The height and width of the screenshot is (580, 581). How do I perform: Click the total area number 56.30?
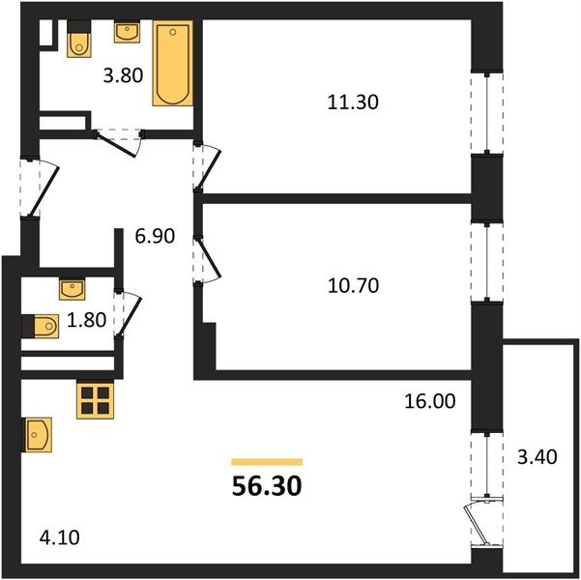point(267,486)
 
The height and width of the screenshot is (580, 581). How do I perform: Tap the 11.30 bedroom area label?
point(353,102)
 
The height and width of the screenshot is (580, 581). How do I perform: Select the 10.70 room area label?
point(353,286)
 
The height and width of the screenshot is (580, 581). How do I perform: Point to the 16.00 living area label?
point(430,401)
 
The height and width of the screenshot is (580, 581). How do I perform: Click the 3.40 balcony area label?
point(537,456)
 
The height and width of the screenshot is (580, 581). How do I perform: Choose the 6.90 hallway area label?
point(155,236)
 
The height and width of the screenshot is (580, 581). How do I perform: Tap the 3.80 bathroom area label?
point(123,75)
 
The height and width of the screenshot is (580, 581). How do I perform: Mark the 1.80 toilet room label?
point(87,320)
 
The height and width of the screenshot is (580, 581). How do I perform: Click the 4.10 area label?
point(59,537)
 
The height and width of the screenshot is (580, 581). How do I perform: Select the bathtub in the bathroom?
point(173,63)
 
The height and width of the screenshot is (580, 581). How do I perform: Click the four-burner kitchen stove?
point(96,400)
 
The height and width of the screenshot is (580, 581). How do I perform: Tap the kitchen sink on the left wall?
point(37,435)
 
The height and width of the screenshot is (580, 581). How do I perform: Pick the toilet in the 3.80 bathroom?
point(79,39)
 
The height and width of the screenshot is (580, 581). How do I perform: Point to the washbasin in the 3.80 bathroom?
point(127,32)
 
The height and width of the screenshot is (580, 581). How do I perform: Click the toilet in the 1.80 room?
point(41,326)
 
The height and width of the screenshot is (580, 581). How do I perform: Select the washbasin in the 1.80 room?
point(73,289)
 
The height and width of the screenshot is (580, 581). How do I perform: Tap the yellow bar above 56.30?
point(267,462)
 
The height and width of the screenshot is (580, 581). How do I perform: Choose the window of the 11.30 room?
point(487,113)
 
